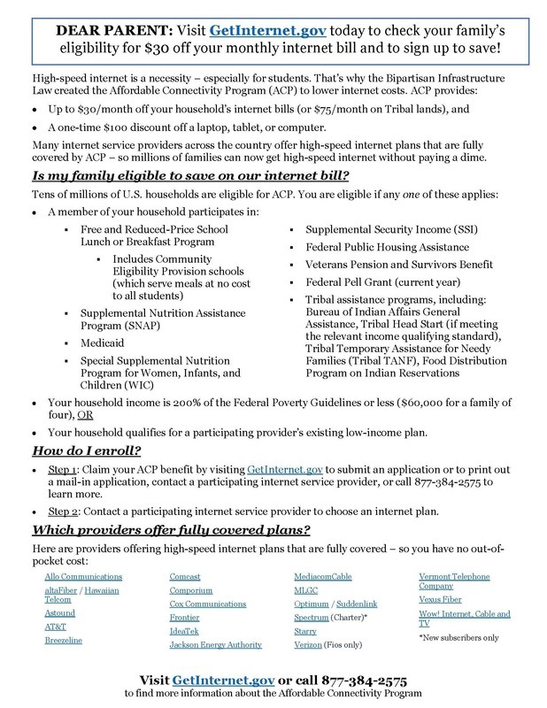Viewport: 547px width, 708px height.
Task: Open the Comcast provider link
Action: pyautogui.click(x=185, y=576)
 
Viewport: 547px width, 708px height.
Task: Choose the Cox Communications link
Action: pyautogui.click(x=207, y=604)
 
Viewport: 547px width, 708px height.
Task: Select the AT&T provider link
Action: pyautogui.click(x=56, y=626)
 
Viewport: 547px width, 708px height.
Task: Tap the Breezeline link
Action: pyautogui.click(x=65, y=640)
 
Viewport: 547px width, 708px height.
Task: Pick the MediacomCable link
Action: pyautogui.click(x=324, y=576)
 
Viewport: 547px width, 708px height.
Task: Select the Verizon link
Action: pyautogui.click(x=309, y=645)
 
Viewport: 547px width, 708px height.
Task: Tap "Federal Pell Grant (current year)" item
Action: pyautogui.click(x=370, y=281)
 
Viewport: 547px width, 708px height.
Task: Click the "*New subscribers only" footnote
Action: pyautogui.click(x=458, y=636)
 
